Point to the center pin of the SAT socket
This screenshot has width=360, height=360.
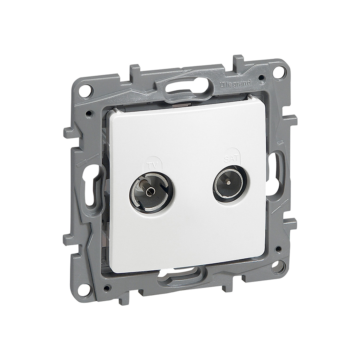[228, 183]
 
